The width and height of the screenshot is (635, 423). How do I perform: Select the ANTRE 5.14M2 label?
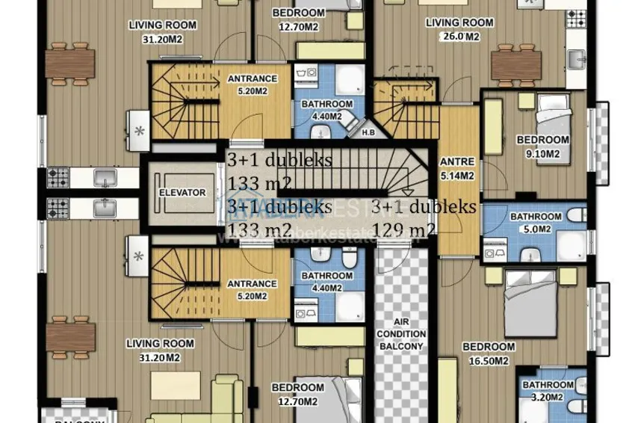(456, 169)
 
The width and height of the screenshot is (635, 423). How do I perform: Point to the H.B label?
(368, 133)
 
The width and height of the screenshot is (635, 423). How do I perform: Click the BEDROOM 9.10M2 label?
(542, 146)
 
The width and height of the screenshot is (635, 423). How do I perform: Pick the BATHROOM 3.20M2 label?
(548, 391)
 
